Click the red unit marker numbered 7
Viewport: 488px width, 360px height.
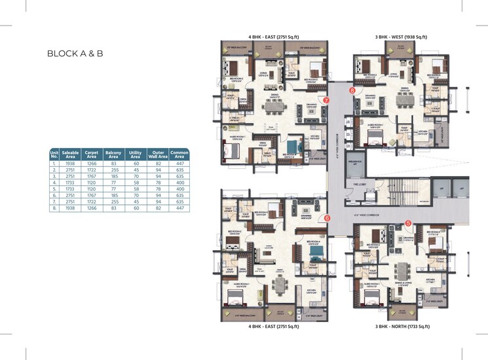[326, 100]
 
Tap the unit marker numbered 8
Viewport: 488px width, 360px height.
[352, 91]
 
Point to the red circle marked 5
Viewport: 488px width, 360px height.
[407, 223]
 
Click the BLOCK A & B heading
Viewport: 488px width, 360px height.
[75, 54]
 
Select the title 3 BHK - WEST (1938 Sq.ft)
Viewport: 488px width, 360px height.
[401, 37]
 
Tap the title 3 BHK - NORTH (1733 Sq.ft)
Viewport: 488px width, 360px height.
[402, 326]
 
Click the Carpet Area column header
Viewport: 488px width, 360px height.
[92, 154]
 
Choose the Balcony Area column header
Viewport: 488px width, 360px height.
[113, 154]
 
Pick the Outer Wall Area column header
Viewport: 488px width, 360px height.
[157, 154]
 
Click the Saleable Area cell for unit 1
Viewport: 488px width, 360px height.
[70, 163]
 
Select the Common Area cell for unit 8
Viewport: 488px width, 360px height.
[179, 209]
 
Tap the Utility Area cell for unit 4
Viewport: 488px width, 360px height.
[136, 183]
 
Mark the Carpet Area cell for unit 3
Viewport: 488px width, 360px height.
[92, 176]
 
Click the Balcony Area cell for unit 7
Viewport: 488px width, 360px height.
[113, 202]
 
